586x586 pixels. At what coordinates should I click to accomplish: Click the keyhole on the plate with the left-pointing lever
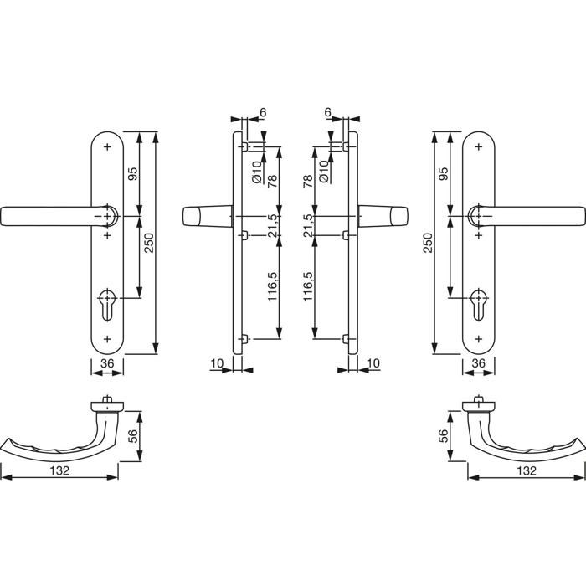click(107, 304)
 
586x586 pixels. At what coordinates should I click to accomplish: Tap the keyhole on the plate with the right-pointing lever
click(479, 304)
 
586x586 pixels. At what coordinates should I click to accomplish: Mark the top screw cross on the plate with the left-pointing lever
click(108, 146)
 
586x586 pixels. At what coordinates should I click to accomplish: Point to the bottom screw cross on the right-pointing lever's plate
click(479, 339)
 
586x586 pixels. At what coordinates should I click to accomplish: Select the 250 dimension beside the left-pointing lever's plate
click(149, 243)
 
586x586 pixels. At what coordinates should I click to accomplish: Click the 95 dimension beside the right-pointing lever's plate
click(444, 173)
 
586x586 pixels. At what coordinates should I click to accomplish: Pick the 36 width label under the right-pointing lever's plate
click(479, 362)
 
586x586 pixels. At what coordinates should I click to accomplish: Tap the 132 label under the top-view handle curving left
click(59, 470)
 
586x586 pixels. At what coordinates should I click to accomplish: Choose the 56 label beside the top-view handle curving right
click(444, 436)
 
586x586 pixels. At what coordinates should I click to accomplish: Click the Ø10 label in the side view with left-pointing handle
click(256, 172)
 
